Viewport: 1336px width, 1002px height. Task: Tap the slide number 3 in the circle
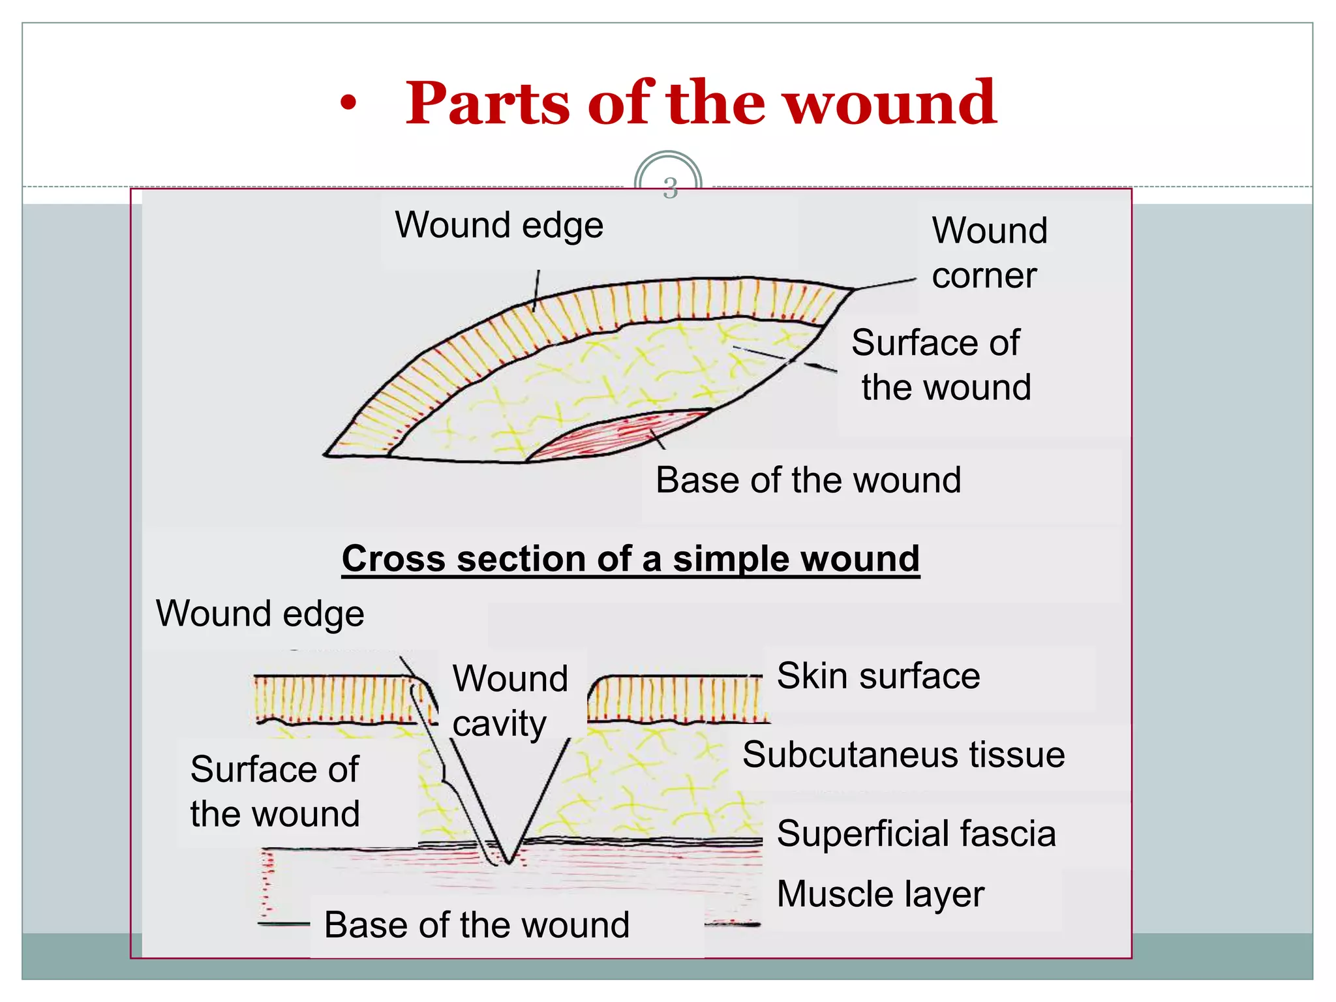(670, 187)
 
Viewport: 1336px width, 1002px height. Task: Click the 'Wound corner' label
(989, 252)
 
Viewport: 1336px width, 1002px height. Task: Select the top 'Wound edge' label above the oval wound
(499, 226)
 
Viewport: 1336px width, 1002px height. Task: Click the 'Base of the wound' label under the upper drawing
(808, 480)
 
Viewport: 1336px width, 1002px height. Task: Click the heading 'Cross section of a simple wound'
(630, 559)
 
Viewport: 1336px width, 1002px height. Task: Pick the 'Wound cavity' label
(509, 701)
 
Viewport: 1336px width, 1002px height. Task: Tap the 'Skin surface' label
(878, 676)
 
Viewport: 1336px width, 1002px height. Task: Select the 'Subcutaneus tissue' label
(903, 755)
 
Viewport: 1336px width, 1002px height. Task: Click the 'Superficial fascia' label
(916, 834)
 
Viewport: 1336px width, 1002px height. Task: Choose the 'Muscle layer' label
(880, 894)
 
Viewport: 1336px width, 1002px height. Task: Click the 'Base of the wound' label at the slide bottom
(477, 925)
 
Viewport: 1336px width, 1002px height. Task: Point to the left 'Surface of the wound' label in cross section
(275, 791)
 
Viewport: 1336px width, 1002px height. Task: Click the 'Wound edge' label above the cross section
(260, 614)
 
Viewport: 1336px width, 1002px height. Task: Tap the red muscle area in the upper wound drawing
(620, 434)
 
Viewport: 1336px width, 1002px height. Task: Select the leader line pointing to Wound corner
(885, 284)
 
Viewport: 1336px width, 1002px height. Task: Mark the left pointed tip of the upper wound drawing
(326, 455)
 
